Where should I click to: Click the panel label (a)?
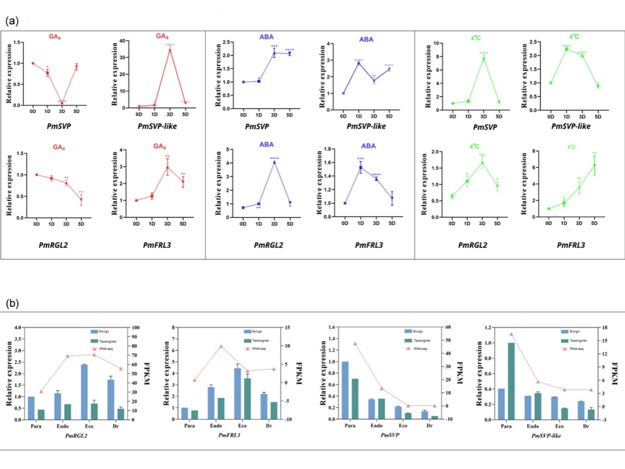tap(12, 21)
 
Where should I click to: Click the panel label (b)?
tap(12, 304)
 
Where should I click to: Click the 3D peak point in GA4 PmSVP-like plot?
tap(170, 50)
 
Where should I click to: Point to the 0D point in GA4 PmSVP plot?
tap(33, 63)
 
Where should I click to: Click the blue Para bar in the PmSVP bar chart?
tap(345, 390)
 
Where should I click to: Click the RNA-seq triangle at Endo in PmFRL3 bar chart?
tap(221, 346)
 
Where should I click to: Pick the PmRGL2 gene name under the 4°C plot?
tap(467, 245)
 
